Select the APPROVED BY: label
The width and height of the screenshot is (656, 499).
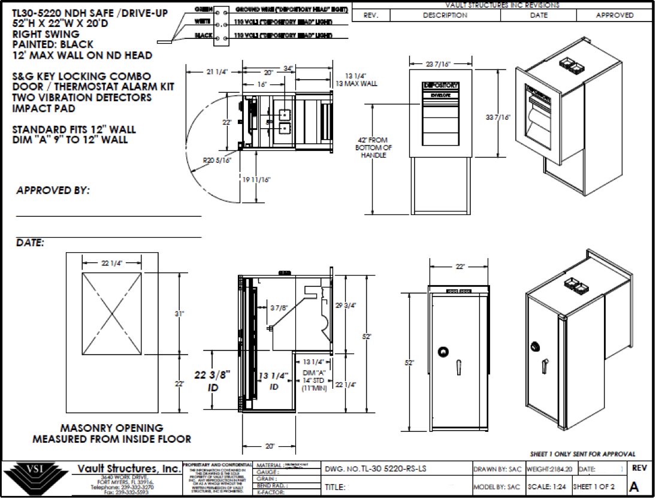click(53, 190)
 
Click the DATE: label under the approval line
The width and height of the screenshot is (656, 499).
click(30, 243)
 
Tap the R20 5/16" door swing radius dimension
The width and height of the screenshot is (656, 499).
click(216, 161)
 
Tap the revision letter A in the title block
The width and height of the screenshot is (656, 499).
click(635, 488)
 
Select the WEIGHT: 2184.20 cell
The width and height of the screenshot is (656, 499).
click(548, 468)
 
